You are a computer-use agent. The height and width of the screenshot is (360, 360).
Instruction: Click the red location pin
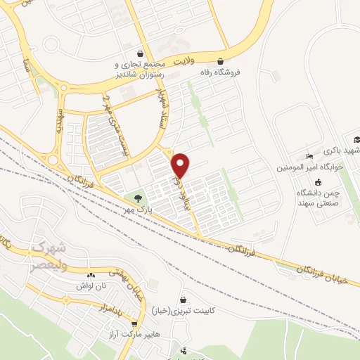tap(181, 165)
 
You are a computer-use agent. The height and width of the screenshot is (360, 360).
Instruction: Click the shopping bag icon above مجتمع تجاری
tap(141, 53)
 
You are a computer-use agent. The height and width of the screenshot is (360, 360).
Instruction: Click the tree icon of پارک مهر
tap(137, 199)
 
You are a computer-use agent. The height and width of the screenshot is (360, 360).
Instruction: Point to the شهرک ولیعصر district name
tap(49, 254)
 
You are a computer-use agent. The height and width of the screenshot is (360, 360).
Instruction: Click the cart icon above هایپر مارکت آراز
tap(134, 325)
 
